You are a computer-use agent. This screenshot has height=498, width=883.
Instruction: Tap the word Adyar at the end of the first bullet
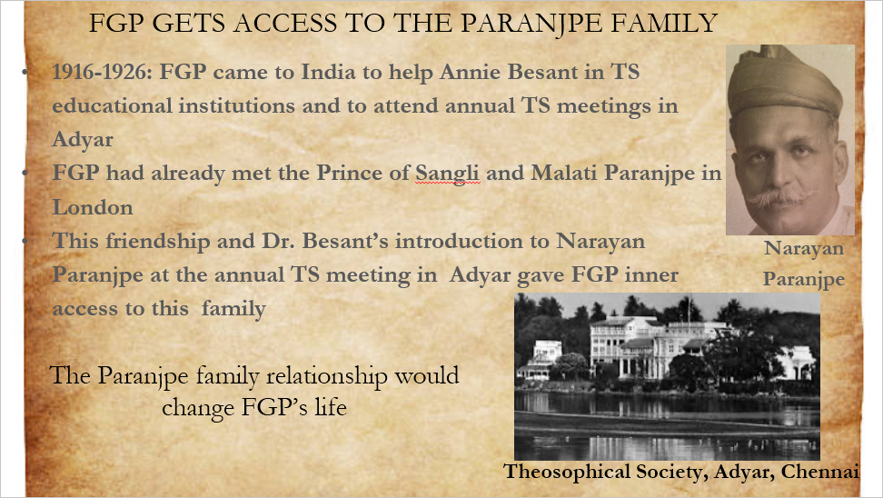point(83,140)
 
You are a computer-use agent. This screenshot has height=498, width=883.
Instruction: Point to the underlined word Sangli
point(448,174)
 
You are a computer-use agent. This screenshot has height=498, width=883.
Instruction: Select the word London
point(93,207)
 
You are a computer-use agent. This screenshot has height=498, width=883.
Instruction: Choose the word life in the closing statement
point(330,407)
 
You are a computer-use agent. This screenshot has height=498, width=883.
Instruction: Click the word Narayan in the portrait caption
point(804,248)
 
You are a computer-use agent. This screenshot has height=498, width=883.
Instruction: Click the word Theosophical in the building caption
point(567,472)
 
